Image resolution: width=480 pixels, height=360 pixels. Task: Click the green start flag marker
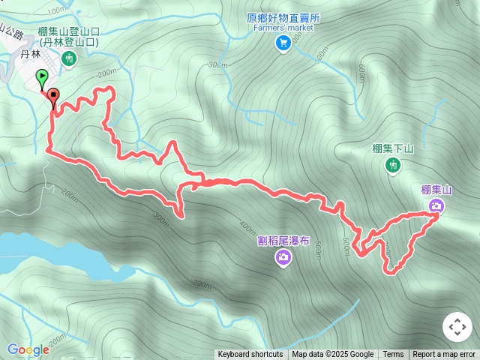click(42, 76)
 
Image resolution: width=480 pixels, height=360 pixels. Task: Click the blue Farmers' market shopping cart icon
click(283, 43)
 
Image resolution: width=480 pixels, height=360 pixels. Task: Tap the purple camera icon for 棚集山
click(436, 205)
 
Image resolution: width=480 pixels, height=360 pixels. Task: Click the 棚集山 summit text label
click(436, 190)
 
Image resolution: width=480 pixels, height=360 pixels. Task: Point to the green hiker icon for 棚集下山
click(392, 164)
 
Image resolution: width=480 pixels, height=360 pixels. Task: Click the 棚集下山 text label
click(393, 148)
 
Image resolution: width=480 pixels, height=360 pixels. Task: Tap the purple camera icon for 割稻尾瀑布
click(283, 258)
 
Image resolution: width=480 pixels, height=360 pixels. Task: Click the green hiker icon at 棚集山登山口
click(69, 58)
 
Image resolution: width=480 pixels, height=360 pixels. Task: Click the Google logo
click(28, 349)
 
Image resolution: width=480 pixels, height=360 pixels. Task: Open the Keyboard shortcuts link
click(250, 355)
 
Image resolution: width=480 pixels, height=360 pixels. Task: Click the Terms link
click(393, 355)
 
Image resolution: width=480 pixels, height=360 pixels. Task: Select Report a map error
click(444, 355)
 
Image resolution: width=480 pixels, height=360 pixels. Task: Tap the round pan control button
click(457, 327)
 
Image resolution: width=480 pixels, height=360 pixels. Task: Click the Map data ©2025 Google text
click(333, 355)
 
